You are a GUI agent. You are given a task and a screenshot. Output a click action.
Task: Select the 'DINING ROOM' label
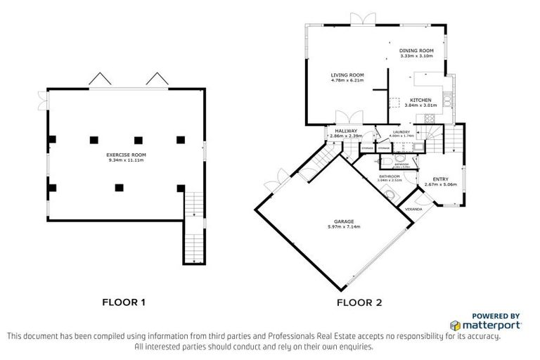pos(416,51)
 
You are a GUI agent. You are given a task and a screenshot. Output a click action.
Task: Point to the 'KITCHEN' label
pos(420,100)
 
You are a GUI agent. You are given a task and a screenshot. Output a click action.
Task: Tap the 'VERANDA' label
pos(414,210)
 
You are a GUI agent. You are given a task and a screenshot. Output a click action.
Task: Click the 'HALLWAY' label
pos(346,131)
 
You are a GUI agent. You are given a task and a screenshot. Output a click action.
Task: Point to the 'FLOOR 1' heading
pos(124,303)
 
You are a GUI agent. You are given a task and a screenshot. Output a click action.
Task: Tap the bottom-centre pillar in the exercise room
pos(119,187)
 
